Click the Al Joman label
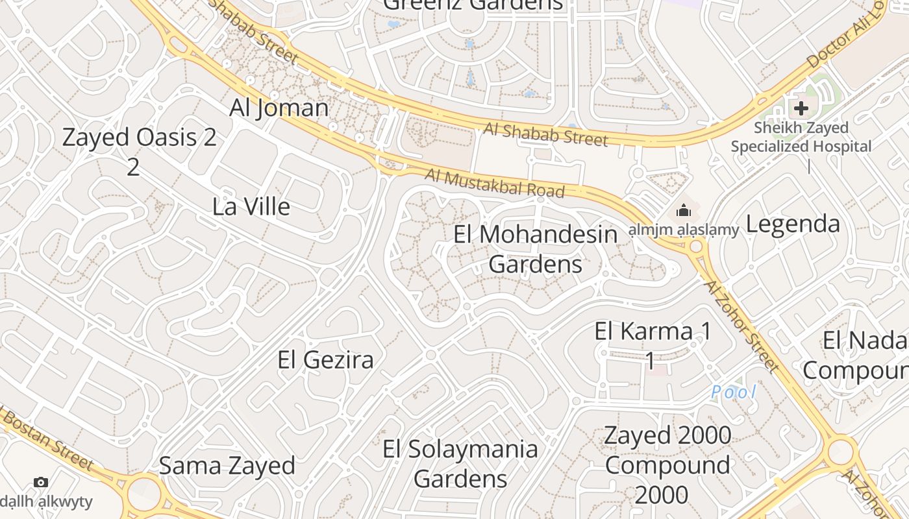(279, 108)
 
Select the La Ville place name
(251, 207)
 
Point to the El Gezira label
(325, 359)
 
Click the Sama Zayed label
(227, 466)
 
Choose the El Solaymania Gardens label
(460, 463)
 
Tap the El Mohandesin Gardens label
(535, 249)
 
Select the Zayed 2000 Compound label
(667, 465)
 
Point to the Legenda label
(793, 224)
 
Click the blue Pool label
(734, 392)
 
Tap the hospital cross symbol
(801, 108)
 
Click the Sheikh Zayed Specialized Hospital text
(801, 137)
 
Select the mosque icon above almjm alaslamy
(683, 211)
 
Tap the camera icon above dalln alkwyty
(41, 483)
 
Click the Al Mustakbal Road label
(495, 183)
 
